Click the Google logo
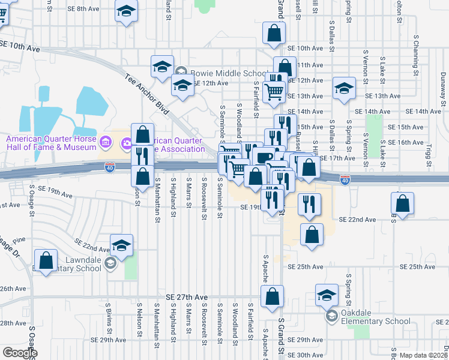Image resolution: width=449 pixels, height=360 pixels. tap(20, 353)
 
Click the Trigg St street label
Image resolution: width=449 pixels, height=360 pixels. tap(428, 154)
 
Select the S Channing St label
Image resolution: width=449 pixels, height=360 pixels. tap(415, 47)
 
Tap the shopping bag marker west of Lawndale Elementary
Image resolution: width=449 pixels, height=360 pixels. tap(46, 262)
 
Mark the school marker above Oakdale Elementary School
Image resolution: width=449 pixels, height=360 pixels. tap(327, 295)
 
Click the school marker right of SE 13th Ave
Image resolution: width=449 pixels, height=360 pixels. tap(344, 89)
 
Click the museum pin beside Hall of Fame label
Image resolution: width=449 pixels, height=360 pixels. tap(106, 142)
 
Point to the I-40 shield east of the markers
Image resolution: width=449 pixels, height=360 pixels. tap(345, 179)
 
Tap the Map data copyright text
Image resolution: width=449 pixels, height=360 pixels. tap(423, 355)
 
